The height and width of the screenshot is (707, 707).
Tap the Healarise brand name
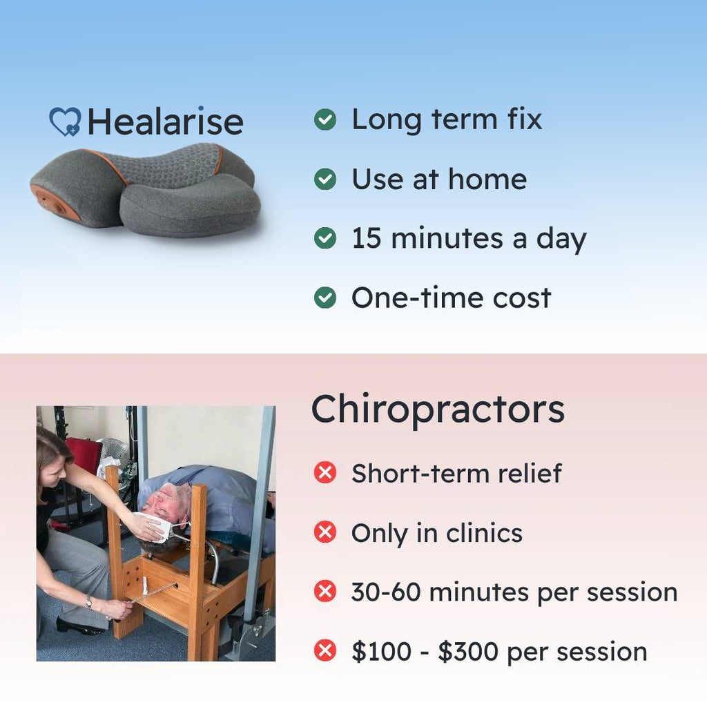[x=166, y=122]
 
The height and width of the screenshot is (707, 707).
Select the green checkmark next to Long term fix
[x=325, y=119]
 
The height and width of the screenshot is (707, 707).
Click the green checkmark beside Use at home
[x=325, y=179]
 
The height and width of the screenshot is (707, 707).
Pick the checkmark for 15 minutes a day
[x=325, y=238]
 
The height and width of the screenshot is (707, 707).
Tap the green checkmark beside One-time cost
[x=325, y=298]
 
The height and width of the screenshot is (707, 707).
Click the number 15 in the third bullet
[x=366, y=238]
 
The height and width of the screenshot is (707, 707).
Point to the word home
[x=487, y=179]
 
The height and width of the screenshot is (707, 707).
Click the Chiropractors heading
[x=437, y=409]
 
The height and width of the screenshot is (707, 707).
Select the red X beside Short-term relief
[x=325, y=473]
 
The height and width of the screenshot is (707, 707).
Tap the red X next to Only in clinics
[x=325, y=532]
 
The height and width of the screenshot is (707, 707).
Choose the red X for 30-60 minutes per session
[x=325, y=592]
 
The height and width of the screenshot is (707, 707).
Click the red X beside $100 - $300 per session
[x=325, y=651]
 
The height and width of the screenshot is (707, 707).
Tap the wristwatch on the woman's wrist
[x=89, y=601]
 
